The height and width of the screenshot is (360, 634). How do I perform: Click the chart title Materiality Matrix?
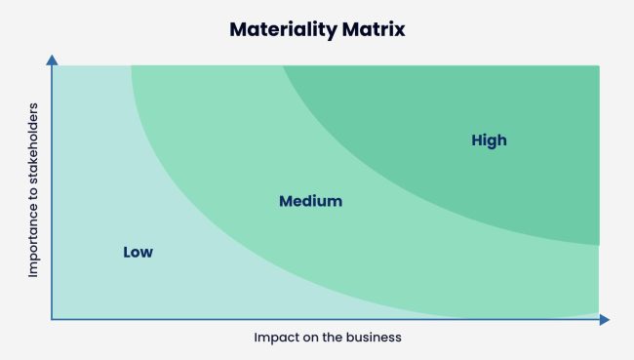(x=317, y=29)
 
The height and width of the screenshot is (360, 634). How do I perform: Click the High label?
(x=489, y=140)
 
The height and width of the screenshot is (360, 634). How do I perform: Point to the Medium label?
(x=310, y=202)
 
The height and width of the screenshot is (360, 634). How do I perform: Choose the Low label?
(x=138, y=252)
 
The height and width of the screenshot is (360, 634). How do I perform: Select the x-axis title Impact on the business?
(x=328, y=337)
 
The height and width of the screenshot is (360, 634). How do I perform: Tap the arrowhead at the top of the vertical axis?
(x=52, y=61)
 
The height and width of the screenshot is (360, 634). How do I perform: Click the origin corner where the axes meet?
(x=52, y=319)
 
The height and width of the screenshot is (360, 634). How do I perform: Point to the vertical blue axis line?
(x=52, y=195)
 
